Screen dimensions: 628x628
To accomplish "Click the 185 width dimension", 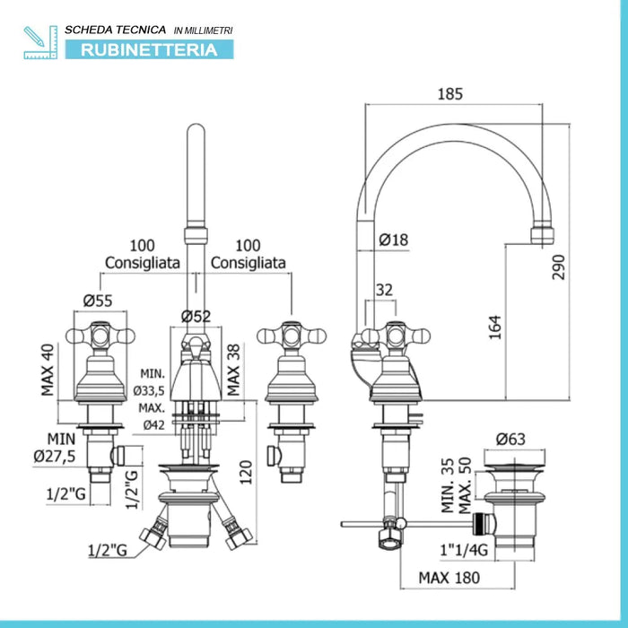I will click(x=453, y=92).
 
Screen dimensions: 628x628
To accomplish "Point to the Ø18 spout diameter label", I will click(x=393, y=240).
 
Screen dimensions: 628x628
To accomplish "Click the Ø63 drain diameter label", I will click(x=511, y=440).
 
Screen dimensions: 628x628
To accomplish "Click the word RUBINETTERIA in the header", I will click(x=149, y=49).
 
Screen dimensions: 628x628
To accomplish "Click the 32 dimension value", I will click(x=385, y=290).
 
